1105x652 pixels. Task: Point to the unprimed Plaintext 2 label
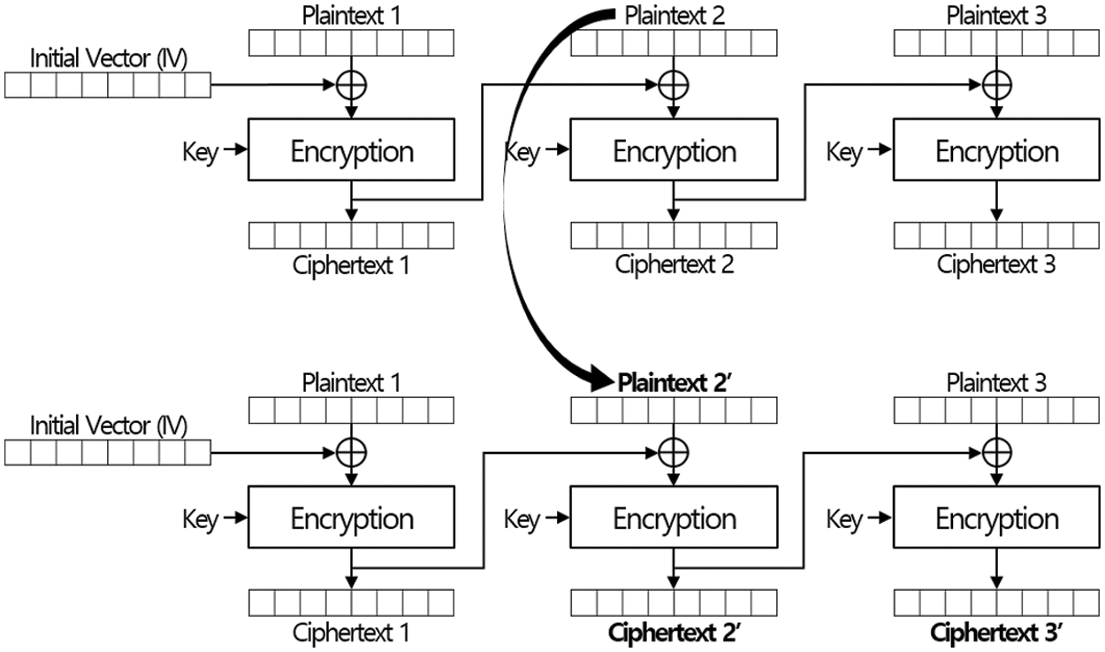point(675,15)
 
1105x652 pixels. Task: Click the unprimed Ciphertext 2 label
point(674,264)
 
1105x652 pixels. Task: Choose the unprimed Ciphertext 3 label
point(996,264)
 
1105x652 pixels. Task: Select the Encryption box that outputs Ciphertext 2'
point(674,519)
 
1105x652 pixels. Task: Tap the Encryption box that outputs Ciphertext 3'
point(996,519)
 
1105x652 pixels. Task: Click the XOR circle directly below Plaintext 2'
point(674,452)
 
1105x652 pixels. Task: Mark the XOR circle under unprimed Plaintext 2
point(674,85)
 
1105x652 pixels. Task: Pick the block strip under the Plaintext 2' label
point(674,410)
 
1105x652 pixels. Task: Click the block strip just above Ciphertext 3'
point(996,602)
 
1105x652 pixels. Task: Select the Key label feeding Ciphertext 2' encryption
point(522,520)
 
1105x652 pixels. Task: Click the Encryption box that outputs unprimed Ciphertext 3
point(996,152)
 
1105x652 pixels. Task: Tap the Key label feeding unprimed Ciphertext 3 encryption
point(843,152)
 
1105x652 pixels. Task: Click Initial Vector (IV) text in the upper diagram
point(108,59)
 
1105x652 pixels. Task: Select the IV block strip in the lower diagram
point(108,452)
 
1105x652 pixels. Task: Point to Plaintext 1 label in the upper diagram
point(352,15)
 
